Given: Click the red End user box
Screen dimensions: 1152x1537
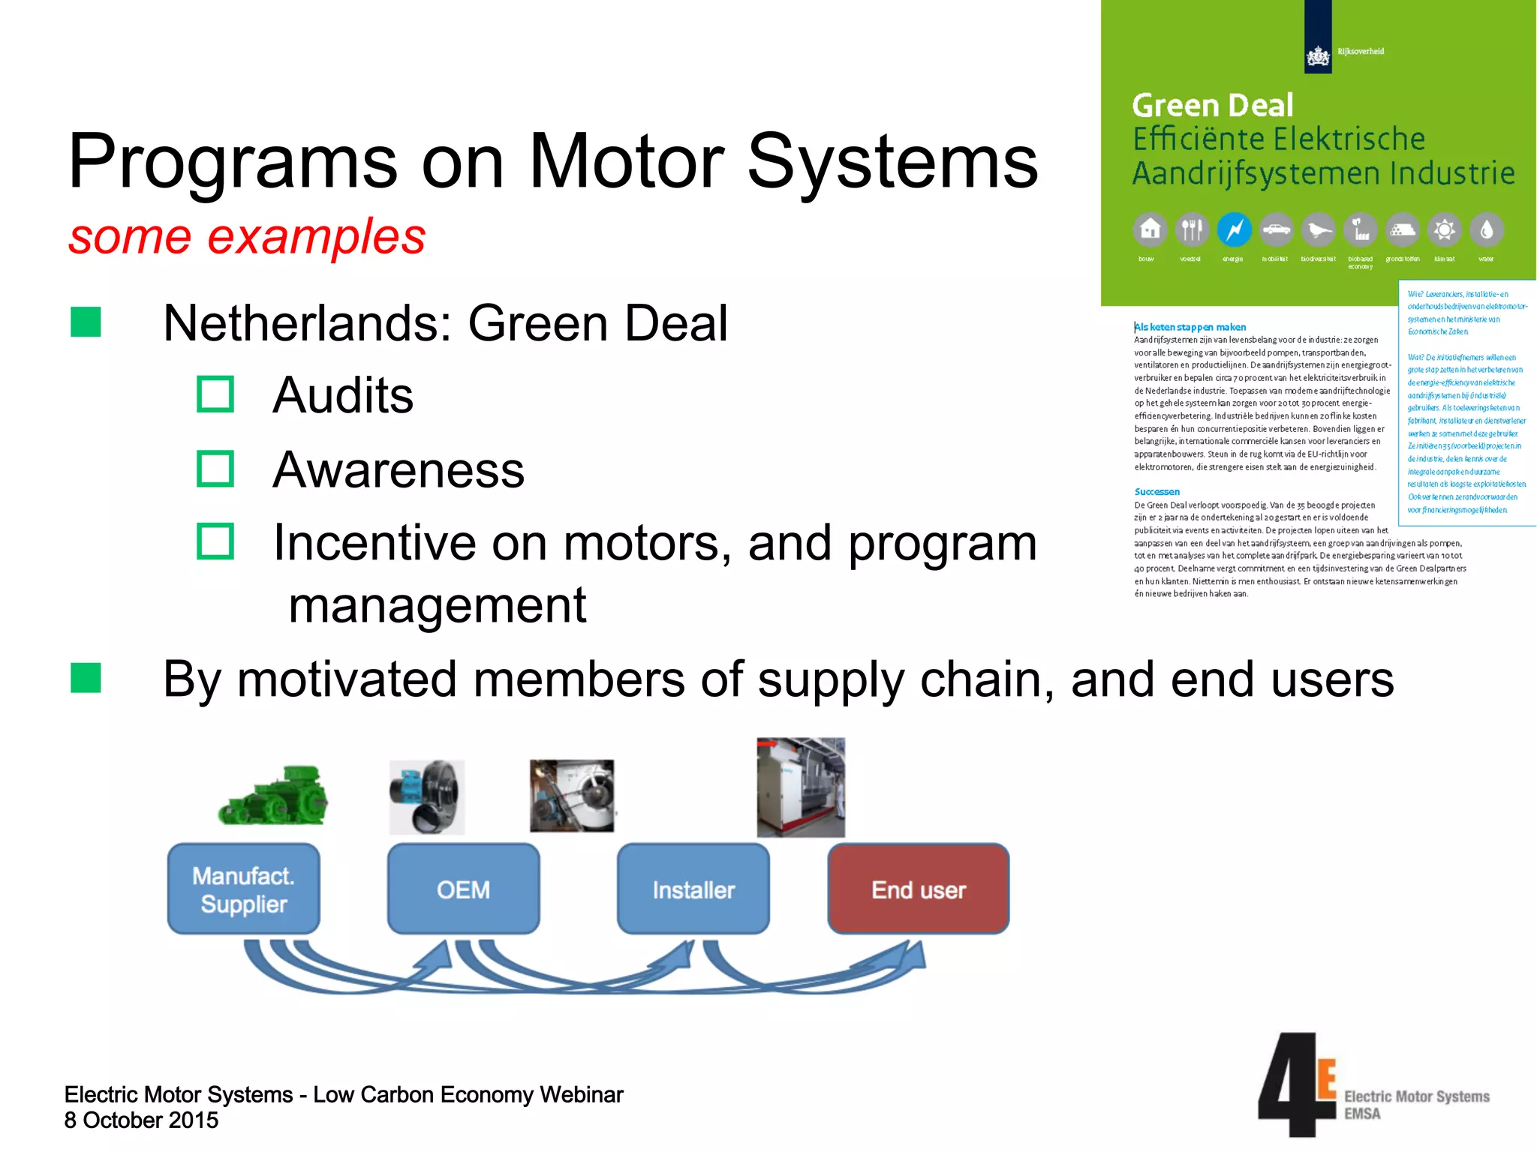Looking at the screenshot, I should click(918, 889).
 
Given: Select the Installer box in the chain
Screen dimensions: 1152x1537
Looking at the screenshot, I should click(693, 889).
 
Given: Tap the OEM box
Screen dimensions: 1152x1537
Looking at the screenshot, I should click(463, 889).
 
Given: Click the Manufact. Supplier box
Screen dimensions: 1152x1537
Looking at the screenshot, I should click(243, 889).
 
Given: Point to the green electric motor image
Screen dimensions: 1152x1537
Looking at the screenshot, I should click(273, 796).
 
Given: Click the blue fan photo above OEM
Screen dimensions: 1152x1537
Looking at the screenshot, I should click(427, 796).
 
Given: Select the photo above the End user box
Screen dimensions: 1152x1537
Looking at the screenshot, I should click(800, 787).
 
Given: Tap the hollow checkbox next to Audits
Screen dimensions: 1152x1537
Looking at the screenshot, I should click(215, 394).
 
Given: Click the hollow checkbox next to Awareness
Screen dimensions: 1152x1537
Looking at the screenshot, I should click(215, 469).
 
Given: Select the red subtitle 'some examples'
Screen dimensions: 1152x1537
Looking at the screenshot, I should click(247, 237).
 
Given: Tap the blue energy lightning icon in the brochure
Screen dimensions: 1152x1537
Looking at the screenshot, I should click(1234, 229).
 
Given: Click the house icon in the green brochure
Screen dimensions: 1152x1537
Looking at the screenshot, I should click(1150, 229).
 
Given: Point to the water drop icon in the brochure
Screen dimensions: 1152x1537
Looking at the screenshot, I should click(1486, 229).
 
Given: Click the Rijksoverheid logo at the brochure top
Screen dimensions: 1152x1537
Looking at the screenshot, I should click(1319, 52).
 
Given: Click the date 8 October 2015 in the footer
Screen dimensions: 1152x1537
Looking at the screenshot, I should click(141, 1120).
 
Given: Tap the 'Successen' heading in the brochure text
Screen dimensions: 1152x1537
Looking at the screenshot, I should click(1157, 492).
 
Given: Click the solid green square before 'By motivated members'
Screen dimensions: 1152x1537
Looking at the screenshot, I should click(86, 678).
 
